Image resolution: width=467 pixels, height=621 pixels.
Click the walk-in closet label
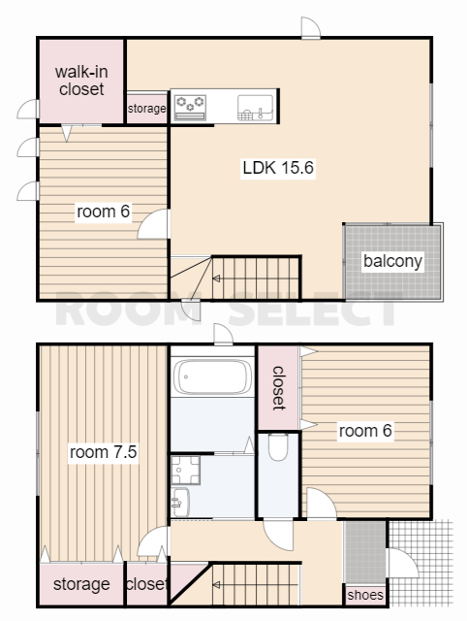(81, 81)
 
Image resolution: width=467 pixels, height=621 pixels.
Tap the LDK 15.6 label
(278, 168)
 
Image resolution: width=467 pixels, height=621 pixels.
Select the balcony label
(392, 261)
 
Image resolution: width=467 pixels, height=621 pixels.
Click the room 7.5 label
(104, 452)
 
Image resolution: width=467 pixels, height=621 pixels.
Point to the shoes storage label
(365, 595)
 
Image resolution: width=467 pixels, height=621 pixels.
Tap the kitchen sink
(256, 108)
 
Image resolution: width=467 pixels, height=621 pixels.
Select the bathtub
(213, 376)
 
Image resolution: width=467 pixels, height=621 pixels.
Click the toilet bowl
(278, 446)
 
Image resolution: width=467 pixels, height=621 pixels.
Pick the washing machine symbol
(185, 470)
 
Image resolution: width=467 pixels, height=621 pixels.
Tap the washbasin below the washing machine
(180, 503)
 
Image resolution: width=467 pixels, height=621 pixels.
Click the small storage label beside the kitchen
(146, 108)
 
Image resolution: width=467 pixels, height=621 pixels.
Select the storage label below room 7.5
(81, 584)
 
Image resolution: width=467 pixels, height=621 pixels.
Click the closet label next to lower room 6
(279, 388)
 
